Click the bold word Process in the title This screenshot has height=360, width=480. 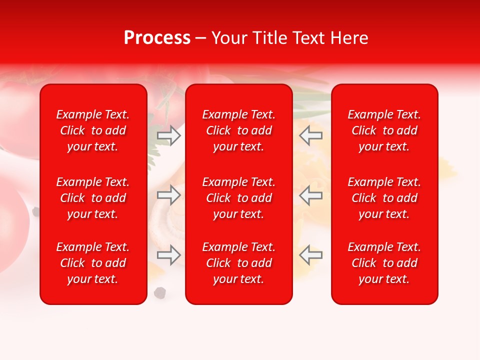point(157,38)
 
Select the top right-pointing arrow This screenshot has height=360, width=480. point(169,135)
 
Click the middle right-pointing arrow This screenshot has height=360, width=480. point(169,195)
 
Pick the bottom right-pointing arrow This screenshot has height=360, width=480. point(169,255)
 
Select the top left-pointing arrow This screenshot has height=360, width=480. point(311,135)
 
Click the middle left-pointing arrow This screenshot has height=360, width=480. point(311,195)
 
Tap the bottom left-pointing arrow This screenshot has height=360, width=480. point(311,255)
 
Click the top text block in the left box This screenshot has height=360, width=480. point(93,130)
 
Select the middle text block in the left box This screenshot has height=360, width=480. point(93,198)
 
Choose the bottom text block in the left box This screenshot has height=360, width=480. point(93,263)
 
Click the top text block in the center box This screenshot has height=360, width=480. point(239,130)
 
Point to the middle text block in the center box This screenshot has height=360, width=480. point(239,198)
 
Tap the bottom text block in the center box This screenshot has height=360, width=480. point(239,263)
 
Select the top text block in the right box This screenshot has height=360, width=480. point(384,130)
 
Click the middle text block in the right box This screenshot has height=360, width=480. point(384,198)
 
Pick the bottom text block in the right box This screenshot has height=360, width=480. point(384,263)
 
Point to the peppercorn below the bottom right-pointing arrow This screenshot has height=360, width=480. point(160,292)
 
